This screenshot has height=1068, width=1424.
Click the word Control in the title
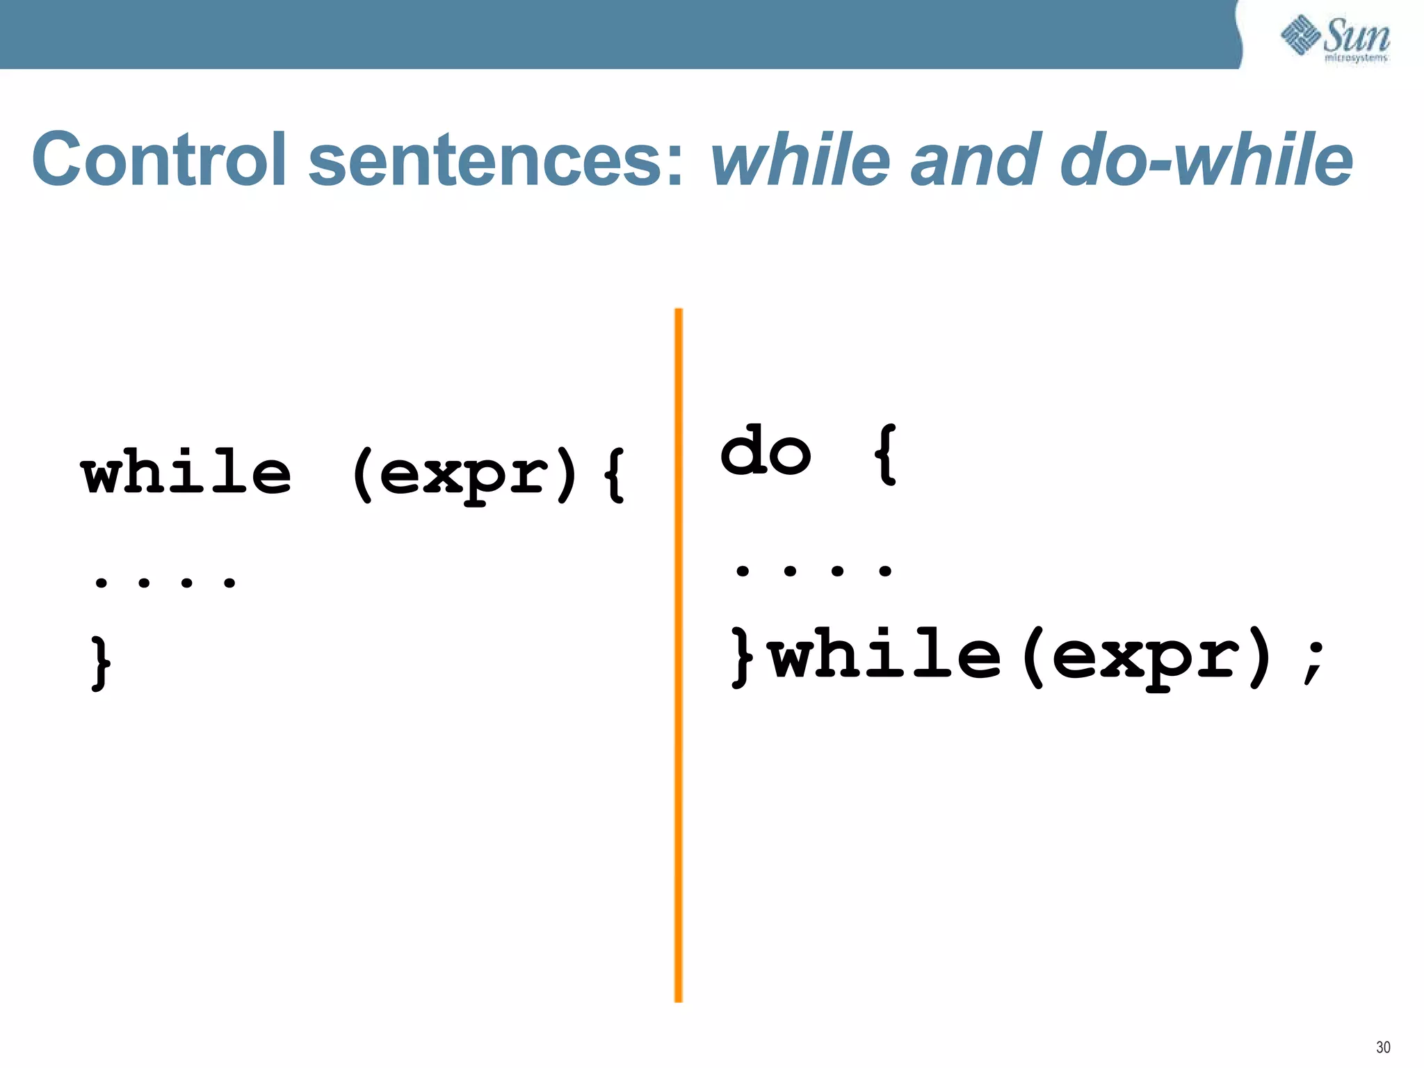(159, 159)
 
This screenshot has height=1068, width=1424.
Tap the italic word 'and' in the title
(976, 159)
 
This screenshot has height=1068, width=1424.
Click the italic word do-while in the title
(1206, 159)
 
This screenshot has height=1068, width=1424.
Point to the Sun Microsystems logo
(1335, 38)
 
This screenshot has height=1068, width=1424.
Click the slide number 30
(1382, 1047)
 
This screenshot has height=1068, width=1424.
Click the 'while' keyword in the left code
(186, 473)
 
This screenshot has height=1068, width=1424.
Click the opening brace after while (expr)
(615, 475)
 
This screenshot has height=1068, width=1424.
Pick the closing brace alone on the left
(102, 661)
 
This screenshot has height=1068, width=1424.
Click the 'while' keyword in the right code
(887, 654)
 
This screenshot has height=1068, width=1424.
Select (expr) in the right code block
(1147, 656)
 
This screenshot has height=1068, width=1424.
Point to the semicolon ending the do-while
(1314, 661)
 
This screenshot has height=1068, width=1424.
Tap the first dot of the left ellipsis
(102, 582)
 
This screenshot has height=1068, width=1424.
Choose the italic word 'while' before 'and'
(800, 159)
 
